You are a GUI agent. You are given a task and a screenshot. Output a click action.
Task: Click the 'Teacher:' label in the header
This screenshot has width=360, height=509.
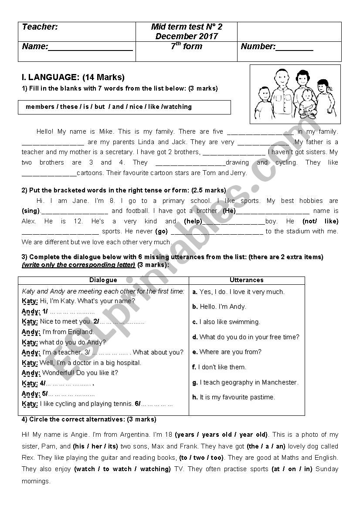click(40, 27)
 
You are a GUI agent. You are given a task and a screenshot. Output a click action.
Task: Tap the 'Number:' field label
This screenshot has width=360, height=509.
click(258, 47)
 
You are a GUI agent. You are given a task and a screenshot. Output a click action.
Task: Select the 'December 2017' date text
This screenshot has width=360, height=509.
click(186, 36)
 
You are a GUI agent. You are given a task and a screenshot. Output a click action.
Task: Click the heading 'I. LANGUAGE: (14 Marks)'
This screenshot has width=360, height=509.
click(73, 78)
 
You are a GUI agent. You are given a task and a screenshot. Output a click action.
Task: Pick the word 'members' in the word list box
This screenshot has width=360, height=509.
click(40, 107)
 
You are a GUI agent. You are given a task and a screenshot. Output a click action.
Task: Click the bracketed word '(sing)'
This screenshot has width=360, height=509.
click(31, 211)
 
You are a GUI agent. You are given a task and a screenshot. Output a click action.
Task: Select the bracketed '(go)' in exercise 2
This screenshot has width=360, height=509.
click(161, 232)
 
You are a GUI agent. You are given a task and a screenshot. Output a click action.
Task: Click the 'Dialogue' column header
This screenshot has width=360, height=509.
click(103, 280)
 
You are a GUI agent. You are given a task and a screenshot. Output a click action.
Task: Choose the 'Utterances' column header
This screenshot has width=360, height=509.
click(246, 280)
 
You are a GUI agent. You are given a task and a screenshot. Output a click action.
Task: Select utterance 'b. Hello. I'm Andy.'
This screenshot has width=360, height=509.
click(219, 307)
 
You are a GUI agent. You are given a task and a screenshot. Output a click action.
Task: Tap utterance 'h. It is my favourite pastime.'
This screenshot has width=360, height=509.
click(234, 397)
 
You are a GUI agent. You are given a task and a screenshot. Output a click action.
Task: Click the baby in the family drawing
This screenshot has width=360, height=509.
click(308, 101)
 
